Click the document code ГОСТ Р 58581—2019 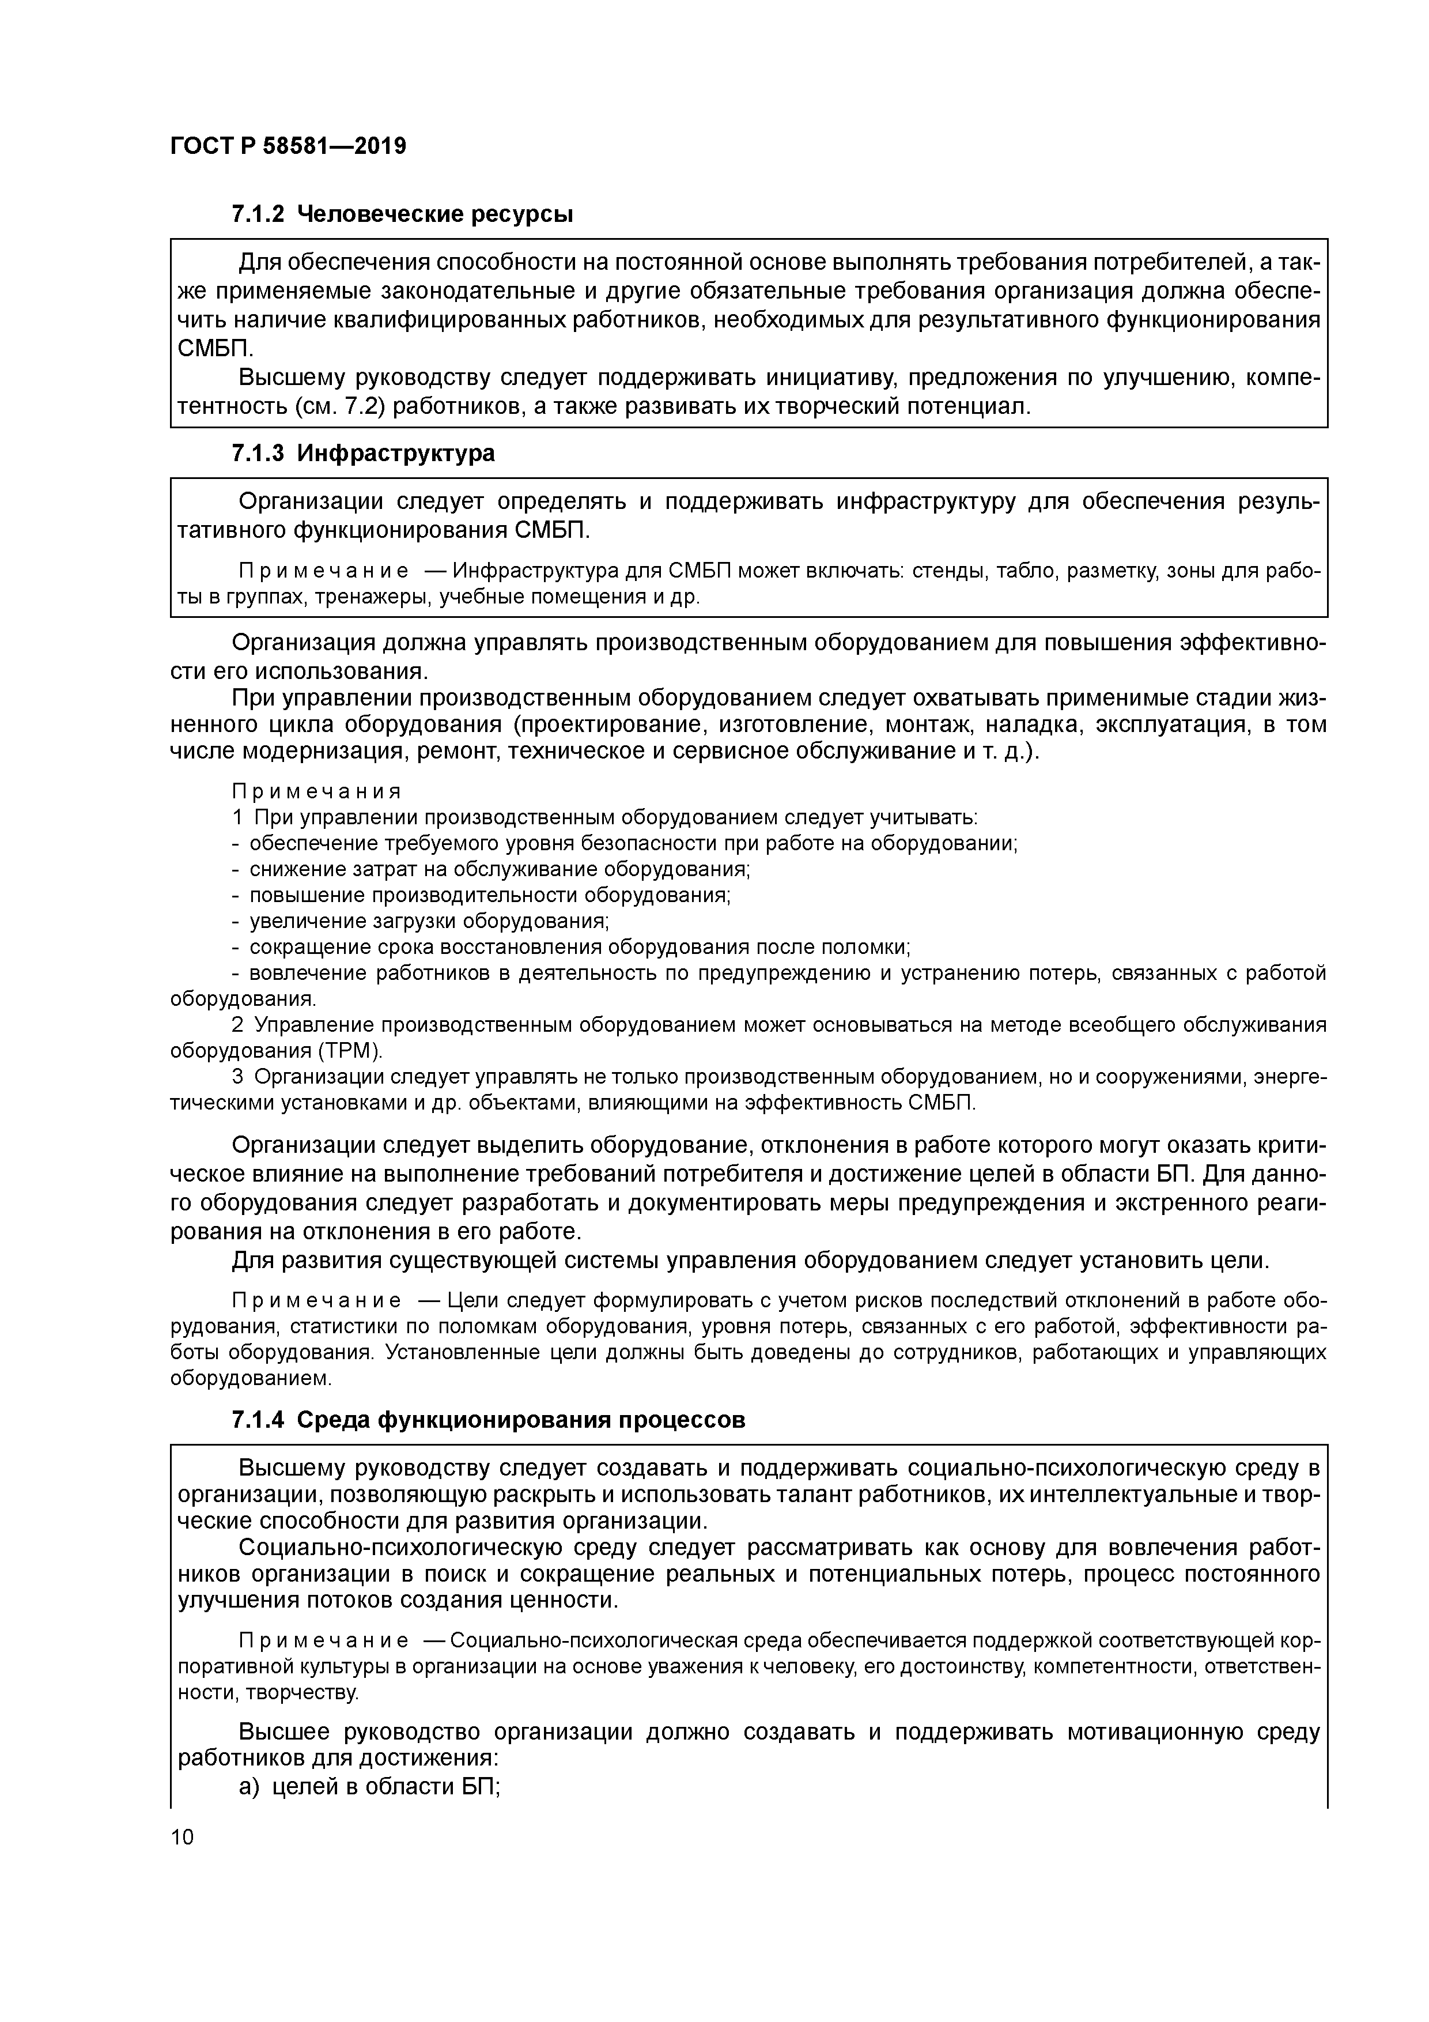pos(288,146)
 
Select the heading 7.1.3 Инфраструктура pos(363,454)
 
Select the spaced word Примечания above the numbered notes pos(316,791)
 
